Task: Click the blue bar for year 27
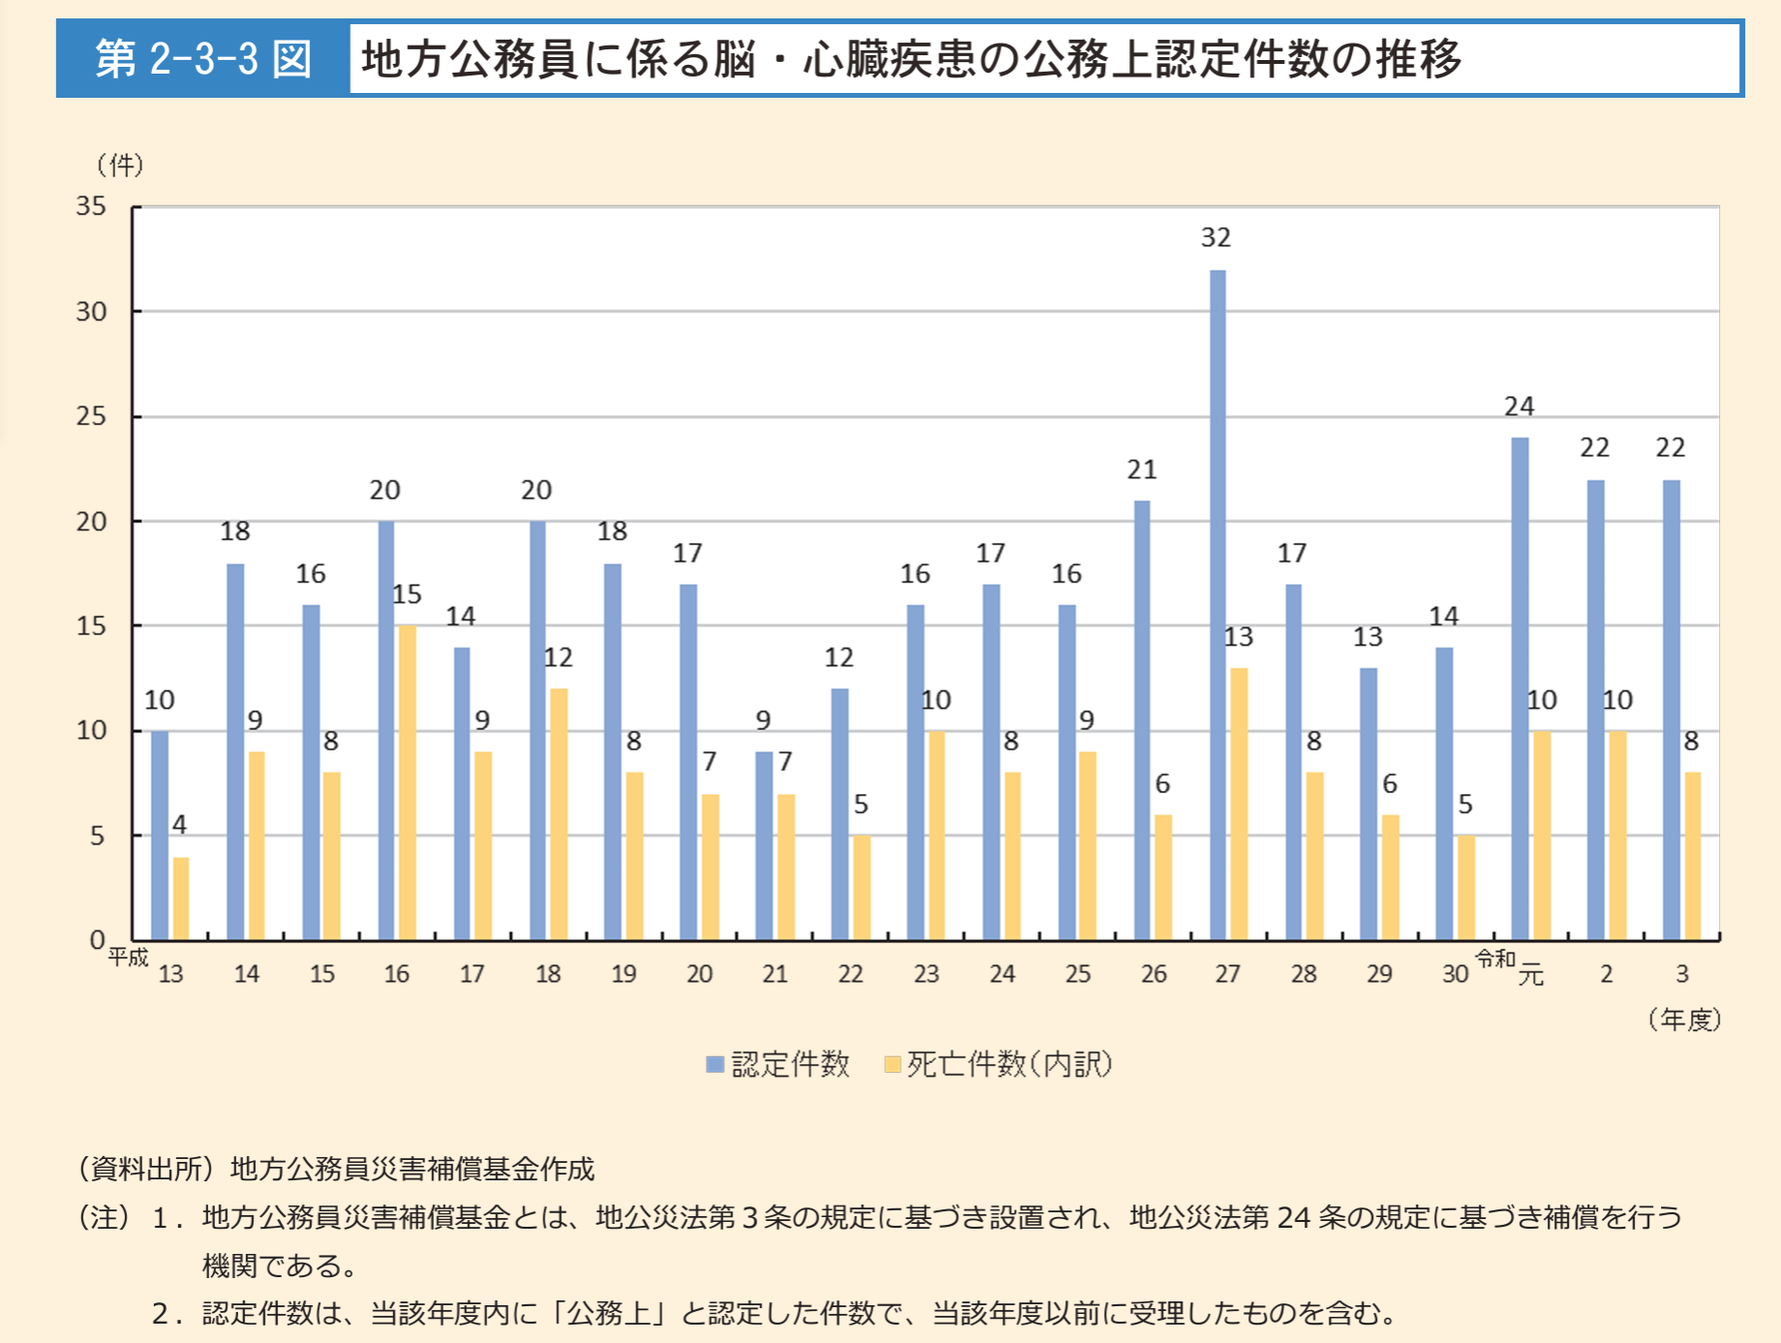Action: click(1217, 605)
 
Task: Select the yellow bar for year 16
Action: click(407, 782)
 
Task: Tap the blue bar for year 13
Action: click(160, 835)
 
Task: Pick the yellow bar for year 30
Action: click(1465, 887)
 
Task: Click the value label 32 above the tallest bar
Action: click(1215, 237)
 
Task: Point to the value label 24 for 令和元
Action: click(1519, 407)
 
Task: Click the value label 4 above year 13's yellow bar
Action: click(179, 824)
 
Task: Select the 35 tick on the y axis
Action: click(91, 206)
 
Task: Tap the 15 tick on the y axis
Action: click(91, 626)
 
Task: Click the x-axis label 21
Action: click(775, 974)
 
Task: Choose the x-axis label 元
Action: click(1530, 975)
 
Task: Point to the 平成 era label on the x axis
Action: click(128, 958)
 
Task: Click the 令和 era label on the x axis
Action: click(1494, 959)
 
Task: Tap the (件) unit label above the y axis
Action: click(120, 166)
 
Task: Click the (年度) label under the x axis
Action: click(1684, 1020)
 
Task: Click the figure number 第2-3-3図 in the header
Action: click(203, 59)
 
